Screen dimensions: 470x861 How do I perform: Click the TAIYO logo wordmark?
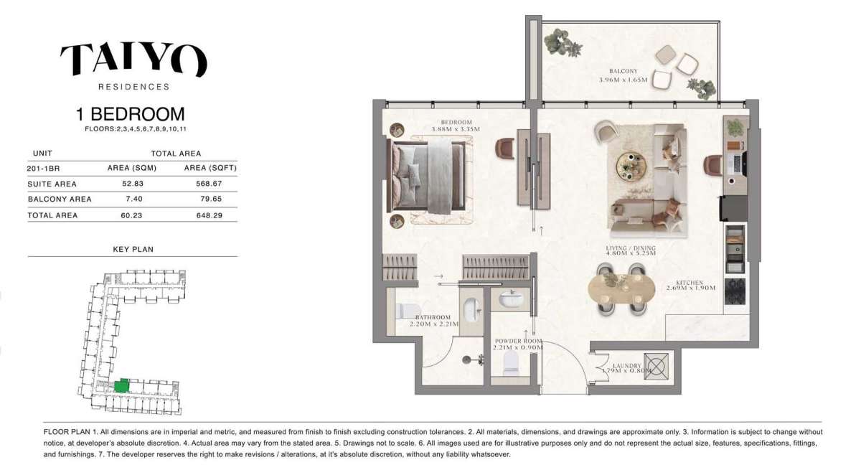point(133,60)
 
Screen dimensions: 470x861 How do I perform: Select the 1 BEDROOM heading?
point(131,114)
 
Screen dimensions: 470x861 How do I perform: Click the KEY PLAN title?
point(133,250)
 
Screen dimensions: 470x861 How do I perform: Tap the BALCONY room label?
point(623,72)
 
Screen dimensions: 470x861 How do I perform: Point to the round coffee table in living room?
point(631,166)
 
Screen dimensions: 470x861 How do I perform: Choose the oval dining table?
point(621,289)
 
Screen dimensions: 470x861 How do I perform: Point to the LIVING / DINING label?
point(631,249)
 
